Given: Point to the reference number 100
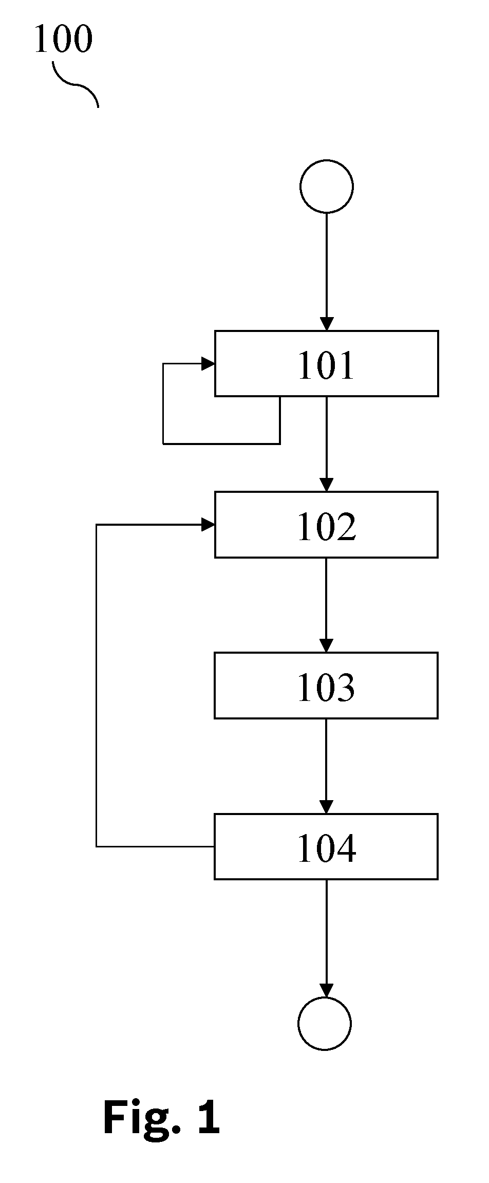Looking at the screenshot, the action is pyautogui.click(x=64, y=40).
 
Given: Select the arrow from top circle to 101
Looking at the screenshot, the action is pyautogui.click(x=327, y=271).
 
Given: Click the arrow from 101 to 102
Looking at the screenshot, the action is pyautogui.click(x=327, y=444).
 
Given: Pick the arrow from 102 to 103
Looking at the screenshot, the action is pyautogui.click(x=326, y=605).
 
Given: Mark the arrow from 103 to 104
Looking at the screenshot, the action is pyautogui.click(x=326, y=766).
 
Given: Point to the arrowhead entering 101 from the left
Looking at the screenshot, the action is pyautogui.click(x=208, y=364).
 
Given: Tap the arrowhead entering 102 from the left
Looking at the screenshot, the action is pyautogui.click(x=208, y=525).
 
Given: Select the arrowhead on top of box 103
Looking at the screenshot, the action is pyautogui.click(x=326, y=646).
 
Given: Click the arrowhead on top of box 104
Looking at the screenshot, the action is pyautogui.click(x=326, y=807).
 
